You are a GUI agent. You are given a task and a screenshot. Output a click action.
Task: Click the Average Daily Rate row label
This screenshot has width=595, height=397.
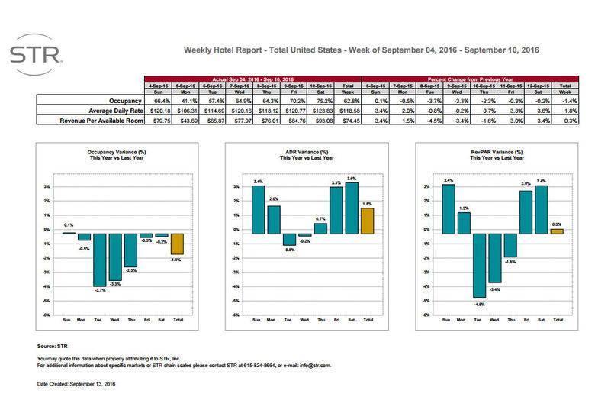108,110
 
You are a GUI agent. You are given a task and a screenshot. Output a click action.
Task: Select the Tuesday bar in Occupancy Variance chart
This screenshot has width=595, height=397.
99,259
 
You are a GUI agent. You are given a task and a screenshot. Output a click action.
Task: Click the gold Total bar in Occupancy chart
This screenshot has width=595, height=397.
177,243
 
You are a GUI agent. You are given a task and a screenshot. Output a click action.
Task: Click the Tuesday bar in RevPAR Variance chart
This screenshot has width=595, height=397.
478,264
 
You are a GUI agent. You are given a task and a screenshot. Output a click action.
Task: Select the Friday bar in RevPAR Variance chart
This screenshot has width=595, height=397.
526,211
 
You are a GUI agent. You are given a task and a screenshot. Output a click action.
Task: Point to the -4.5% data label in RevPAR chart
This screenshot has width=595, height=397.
478,304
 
